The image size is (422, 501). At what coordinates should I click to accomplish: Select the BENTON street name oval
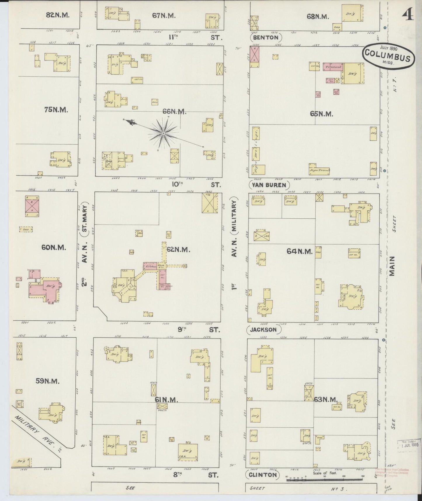pyautogui.click(x=266, y=37)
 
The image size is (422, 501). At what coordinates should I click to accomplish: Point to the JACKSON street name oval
pyautogui.click(x=264, y=330)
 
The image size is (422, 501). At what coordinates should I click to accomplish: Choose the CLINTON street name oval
pyautogui.click(x=263, y=475)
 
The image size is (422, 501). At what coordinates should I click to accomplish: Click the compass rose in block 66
pyautogui.click(x=163, y=134)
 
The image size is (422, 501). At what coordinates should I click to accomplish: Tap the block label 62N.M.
pyautogui.click(x=179, y=250)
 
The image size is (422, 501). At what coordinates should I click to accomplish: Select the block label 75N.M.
pyautogui.click(x=56, y=110)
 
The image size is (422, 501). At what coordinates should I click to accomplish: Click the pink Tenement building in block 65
pyautogui.click(x=332, y=67)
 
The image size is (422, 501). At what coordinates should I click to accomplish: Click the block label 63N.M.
pyautogui.click(x=326, y=399)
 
